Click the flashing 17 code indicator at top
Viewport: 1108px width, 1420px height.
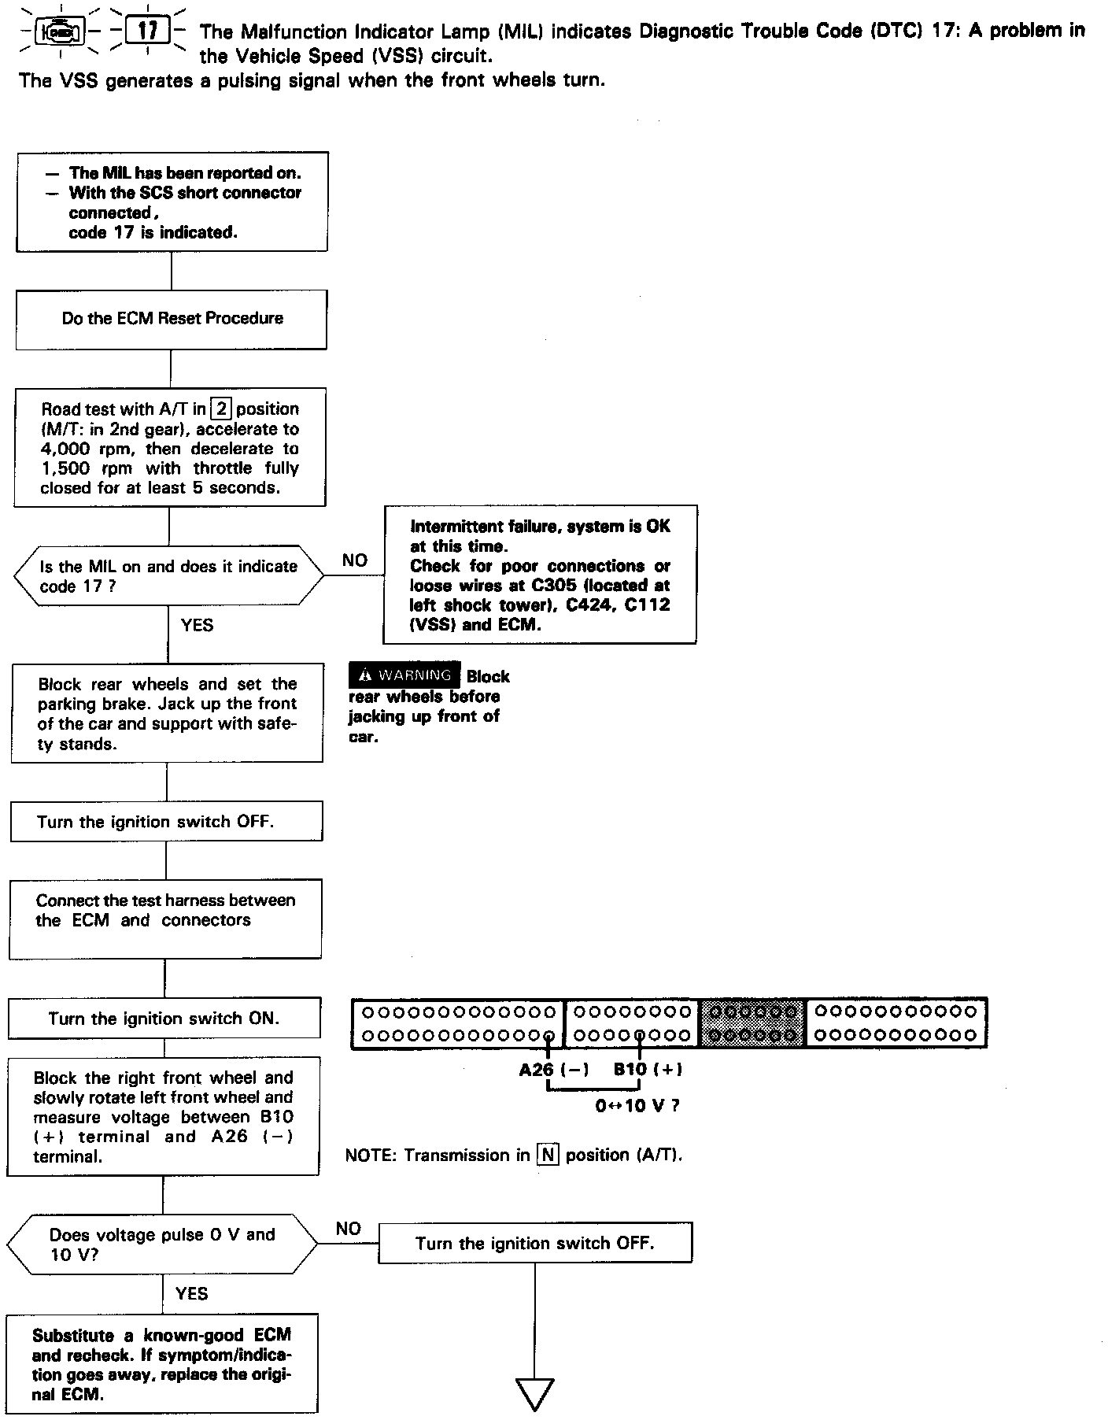[147, 31]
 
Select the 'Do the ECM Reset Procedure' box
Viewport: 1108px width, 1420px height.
[172, 319]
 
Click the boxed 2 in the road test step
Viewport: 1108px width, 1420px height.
[223, 409]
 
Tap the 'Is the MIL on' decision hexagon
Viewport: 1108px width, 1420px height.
[168, 575]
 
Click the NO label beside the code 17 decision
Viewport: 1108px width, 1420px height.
[355, 560]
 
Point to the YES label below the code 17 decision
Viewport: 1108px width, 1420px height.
[197, 625]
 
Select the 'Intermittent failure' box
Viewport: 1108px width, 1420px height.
[540, 575]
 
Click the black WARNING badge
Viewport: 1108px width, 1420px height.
[404, 675]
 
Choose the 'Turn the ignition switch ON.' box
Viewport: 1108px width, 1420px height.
[164, 1019]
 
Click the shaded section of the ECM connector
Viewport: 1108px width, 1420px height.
[752, 1022]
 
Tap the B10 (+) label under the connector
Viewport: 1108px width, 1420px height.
[648, 1069]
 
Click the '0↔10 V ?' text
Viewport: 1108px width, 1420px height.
[637, 1105]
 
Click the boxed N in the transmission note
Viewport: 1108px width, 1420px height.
[547, 1155]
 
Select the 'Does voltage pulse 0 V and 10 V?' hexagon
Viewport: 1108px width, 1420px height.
[162, 1244]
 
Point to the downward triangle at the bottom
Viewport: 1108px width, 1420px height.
[534, 1394]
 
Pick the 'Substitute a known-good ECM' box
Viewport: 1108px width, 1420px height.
[162, 1364]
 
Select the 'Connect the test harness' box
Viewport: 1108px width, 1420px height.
[165, 919]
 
